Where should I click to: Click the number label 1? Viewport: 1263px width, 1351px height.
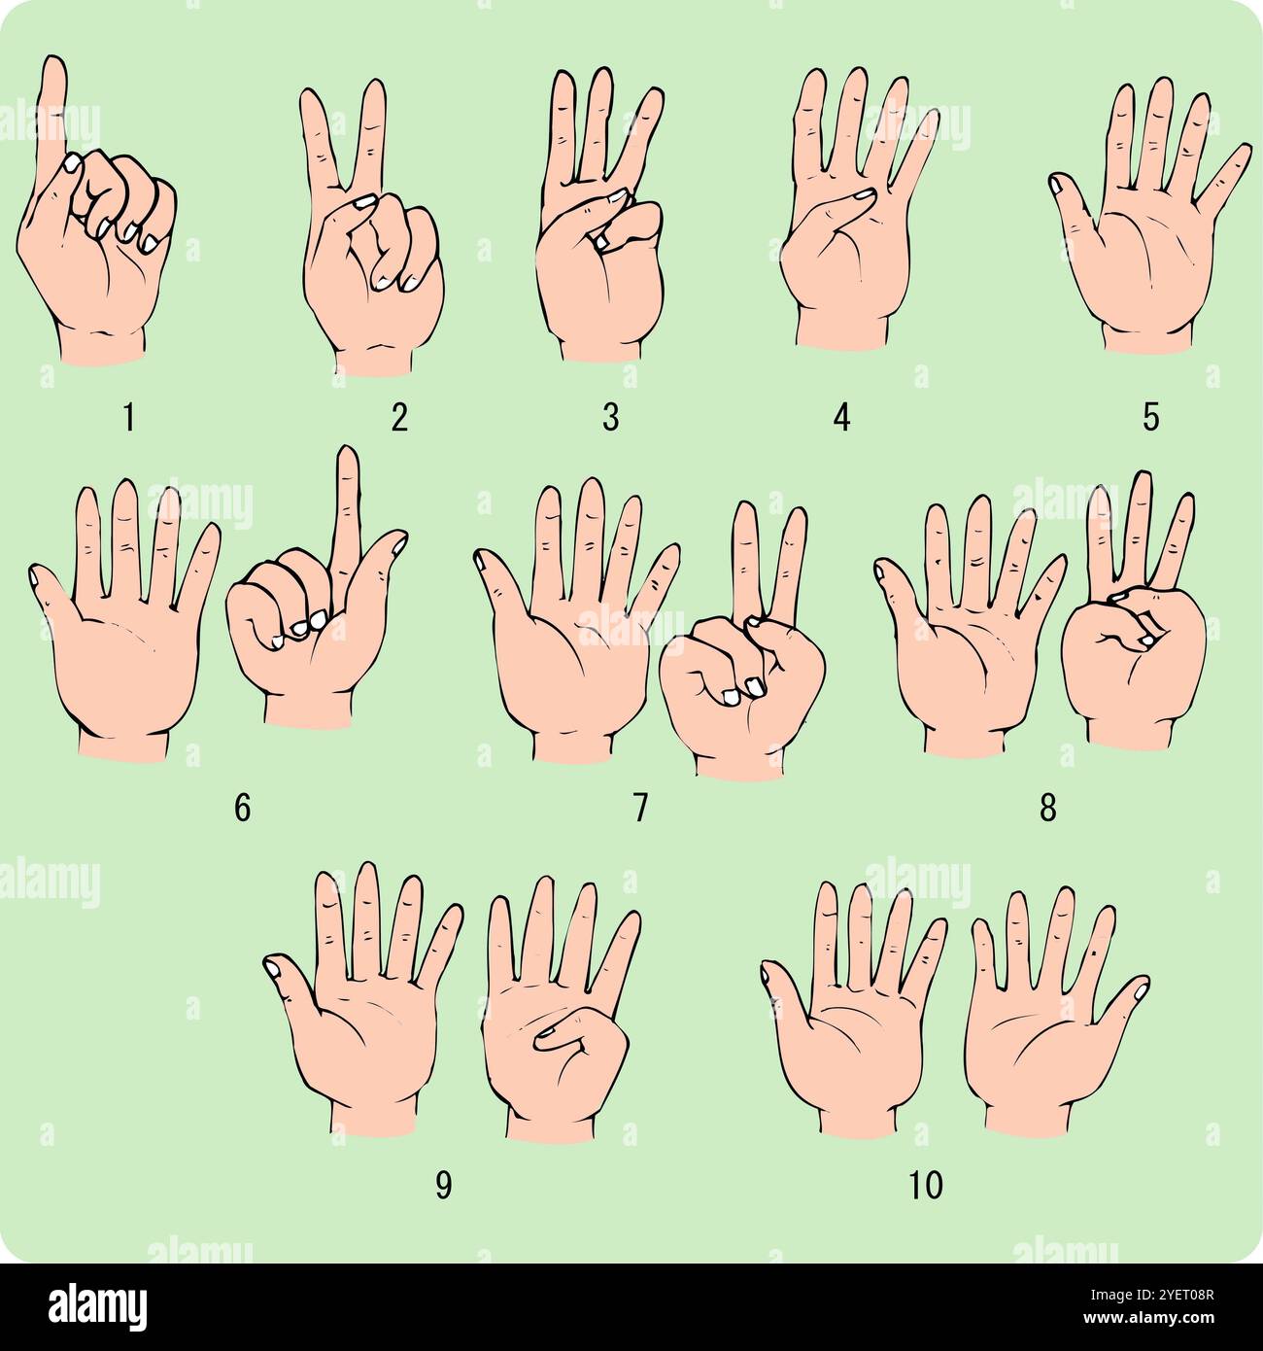point(128,417)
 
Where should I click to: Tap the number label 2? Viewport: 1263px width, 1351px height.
point(399,417)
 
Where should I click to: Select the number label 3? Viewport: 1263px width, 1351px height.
point(610,417)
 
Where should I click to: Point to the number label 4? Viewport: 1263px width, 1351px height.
point(841,417)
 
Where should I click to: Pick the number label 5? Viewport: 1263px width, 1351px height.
point(1151,417)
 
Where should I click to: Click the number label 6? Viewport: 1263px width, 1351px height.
point(242,808)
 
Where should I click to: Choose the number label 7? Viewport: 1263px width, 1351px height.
point(639,808)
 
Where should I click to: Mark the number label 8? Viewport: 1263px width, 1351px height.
point(1047,808)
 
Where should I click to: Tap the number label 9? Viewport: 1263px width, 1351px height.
point(443,1186)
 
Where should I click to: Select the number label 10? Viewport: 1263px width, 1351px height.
point(926,1186)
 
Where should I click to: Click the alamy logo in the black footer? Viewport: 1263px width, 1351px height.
point(98,1304)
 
